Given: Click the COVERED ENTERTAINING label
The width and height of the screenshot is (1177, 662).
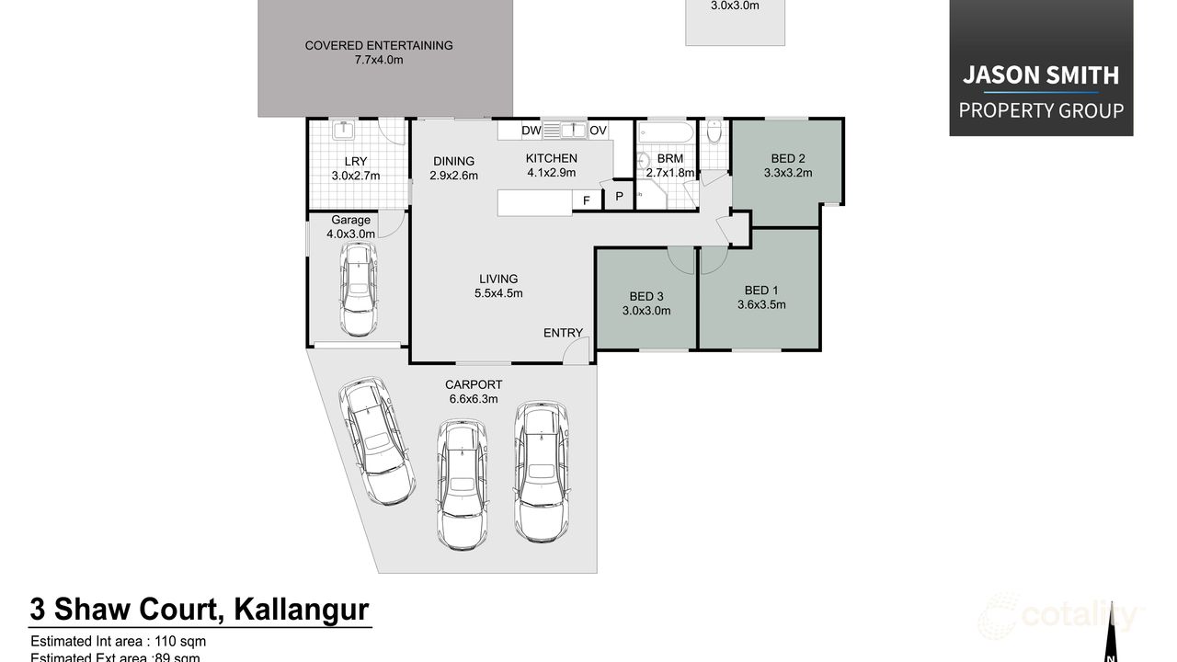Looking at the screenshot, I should pos(379,45).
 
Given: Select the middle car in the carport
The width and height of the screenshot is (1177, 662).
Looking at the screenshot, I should pos(461,483).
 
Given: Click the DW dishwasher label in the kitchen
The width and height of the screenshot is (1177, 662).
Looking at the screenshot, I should pos(531,131).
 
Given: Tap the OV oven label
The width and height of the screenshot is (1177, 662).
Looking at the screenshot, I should pos(598,131).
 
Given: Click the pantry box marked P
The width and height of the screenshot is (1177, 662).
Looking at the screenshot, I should pos(619,196).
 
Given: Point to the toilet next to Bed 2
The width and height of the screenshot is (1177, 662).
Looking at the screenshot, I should pos(715,134).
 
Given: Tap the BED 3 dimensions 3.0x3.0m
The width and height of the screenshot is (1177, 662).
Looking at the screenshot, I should pos(646,311).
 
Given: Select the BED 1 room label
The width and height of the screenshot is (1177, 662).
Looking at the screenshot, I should pos(760,291).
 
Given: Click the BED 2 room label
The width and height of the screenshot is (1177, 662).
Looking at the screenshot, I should pos(788,158).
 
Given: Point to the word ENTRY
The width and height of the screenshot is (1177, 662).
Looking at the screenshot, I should pos(563,333).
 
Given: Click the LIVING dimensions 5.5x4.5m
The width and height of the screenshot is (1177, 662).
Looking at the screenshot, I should pos(498,293).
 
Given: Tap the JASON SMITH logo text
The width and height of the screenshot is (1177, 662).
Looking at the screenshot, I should pos(1040,75).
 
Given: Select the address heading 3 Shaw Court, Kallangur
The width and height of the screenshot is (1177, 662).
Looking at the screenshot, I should pos(200,609).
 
